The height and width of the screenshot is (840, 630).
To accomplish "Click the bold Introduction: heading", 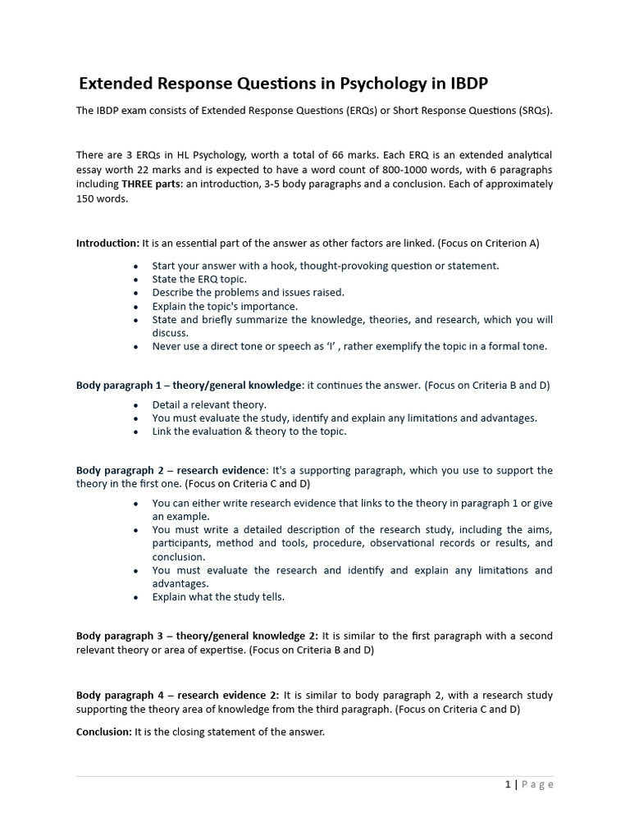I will coord(107,244).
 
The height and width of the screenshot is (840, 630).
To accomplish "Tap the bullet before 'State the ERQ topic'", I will coord(135,279).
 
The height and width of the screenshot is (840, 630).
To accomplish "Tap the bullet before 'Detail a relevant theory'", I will coord(135,405).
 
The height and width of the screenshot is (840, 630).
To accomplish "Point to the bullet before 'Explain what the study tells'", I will coord(135,597).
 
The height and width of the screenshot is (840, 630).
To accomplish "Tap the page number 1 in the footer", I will coord(508,784).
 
